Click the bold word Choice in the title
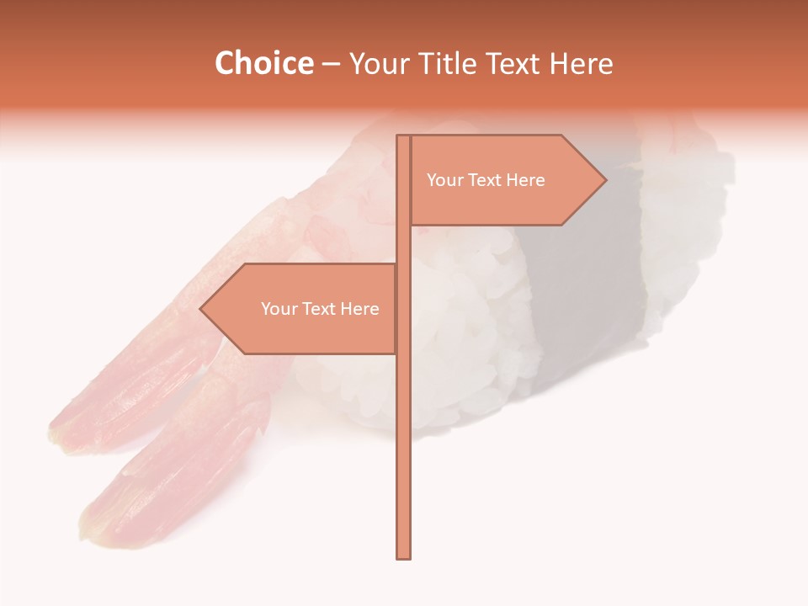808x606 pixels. tap(263, 64)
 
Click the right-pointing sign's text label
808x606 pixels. tap(486, 180)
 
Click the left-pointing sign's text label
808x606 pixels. tap(320, 309)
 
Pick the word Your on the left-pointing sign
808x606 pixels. tap(279, 309)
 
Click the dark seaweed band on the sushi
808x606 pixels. tap(589, 278)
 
